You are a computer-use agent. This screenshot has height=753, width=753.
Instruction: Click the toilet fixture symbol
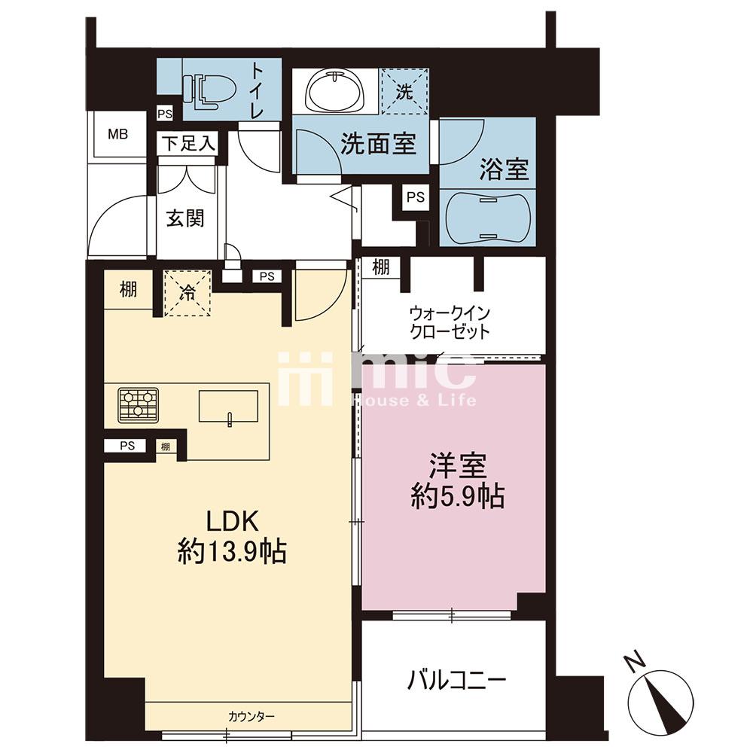pyautogui.click(x=210, y=89)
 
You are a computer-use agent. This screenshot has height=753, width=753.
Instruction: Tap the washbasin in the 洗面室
pyautogui.click(x=334, y=91)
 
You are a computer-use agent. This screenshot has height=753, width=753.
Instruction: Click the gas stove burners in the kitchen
pyautogui.click(x=139, y=405)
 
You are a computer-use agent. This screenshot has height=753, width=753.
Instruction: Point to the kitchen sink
pyautogui.click(x=229, y=407)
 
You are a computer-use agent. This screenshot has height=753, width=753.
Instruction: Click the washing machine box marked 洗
pyautogui.click(x=404, y=91)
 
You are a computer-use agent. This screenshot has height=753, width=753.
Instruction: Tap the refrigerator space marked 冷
pyautogui.click(x=187, y=294)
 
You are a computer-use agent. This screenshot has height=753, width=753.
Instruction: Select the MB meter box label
pyautogui.click(x=117, y=134)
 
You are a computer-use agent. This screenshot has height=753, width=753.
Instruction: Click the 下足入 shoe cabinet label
pyautogui.click(x=188, y=144)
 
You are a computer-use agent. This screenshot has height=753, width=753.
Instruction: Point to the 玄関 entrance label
pyautogui.click(x=185, y=218)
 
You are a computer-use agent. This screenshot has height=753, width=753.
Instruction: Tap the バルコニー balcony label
pyautogui.click(x=457, y=680)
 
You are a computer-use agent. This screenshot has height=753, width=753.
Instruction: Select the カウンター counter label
pyautogui.click(x=252, y=717)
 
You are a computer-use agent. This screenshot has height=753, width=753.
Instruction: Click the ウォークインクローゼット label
pyautogui.click(x=450, y=322)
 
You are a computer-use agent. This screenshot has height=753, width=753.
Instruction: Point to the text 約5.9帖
pyautogui.click(x=457, y=496)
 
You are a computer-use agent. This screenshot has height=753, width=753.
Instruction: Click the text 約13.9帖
pyautogui.click(x=233, y=551)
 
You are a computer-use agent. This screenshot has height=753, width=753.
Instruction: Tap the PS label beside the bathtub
pyautogui.click(x=416, y=197)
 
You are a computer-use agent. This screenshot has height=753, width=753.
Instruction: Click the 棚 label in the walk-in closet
pyautogui.click(x=381, y=267)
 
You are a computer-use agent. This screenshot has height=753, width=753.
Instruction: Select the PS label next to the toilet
pyautogui.click(x=165, y=114)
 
